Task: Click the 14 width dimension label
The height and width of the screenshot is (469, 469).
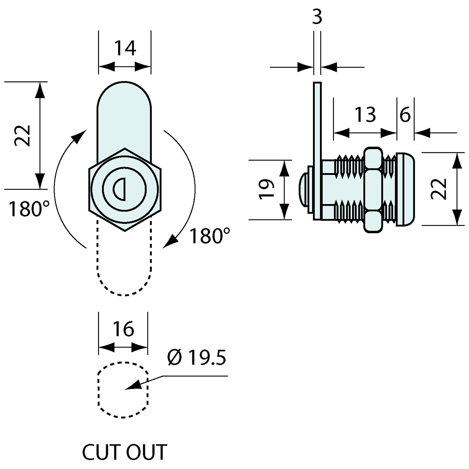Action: pos(124,48)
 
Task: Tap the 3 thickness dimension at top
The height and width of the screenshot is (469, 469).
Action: pos(317,17)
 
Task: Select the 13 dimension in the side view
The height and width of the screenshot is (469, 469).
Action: pos(365,115)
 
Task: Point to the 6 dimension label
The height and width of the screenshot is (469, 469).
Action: pos(405,115)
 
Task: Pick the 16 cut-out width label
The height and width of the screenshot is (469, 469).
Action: pos(123,329)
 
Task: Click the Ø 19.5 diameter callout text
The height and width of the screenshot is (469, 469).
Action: pos(196,359)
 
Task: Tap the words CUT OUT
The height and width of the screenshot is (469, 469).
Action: pos(124,452)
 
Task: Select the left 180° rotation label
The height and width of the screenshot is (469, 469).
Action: pos(29,209)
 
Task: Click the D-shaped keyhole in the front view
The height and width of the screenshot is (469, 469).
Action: pos(119,189)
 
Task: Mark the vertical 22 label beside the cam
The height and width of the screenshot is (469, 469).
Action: pos(22,136)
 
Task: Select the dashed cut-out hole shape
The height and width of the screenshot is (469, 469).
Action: pos(123,389)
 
